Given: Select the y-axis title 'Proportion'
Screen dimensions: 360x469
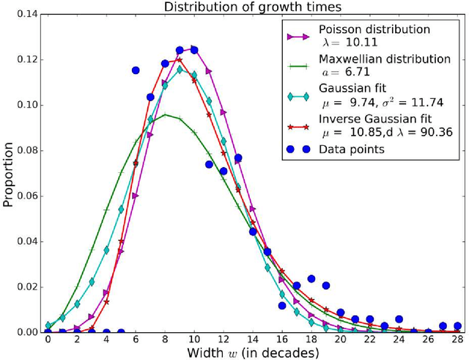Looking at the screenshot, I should [8, 173].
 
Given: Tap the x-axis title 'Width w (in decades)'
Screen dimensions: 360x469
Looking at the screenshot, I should [251, 353].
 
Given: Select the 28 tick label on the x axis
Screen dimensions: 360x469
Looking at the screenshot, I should [458, 340].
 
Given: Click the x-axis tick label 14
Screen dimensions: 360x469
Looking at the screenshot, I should [253, 340].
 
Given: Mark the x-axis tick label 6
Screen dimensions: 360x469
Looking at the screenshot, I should [136, 340].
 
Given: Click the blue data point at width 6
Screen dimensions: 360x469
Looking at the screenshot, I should [136, 70].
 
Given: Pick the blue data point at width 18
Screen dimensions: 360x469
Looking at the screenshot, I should [311, 279].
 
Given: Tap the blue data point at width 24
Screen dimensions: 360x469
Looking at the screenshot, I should [399, 319].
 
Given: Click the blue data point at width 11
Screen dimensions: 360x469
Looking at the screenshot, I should [209, 164].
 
